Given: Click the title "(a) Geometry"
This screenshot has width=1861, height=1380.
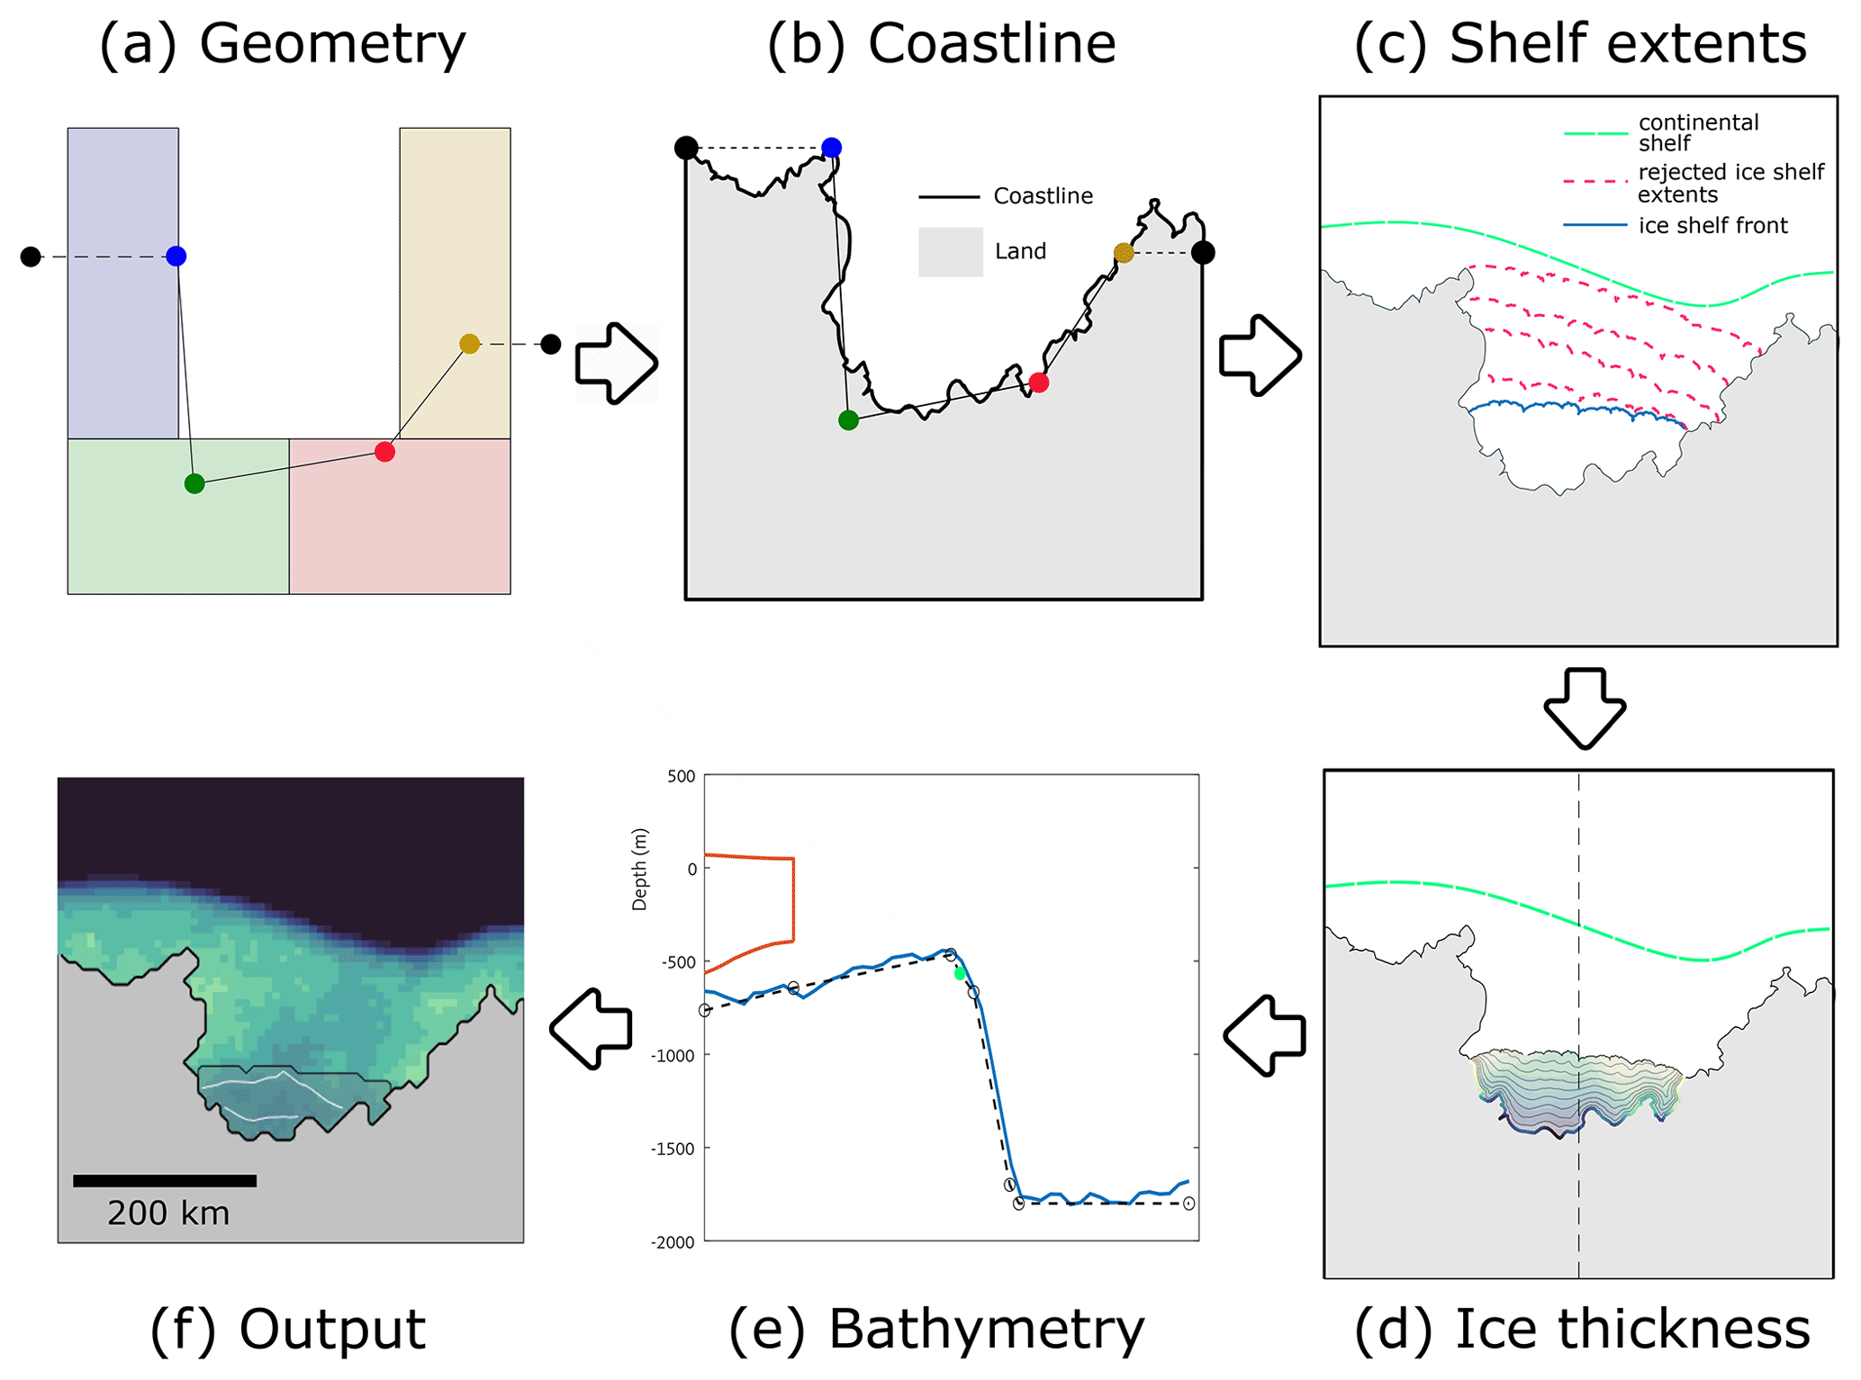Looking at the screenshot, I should (x=282, y=43).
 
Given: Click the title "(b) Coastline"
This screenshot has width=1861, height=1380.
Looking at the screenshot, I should (x=941, y=43).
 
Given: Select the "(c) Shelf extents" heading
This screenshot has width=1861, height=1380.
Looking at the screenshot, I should (x=1580, y=43).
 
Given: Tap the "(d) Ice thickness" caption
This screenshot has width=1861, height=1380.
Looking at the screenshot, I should (x=1582, y=1329).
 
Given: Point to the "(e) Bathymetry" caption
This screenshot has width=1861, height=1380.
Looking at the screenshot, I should (x=936, y=1329).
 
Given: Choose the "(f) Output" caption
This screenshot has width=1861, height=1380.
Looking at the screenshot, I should (x=287, y=1329).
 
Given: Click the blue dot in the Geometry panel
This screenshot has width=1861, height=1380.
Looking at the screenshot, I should (x=176, y=257).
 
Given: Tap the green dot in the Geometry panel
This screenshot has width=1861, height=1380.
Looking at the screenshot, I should (x=194, y=484).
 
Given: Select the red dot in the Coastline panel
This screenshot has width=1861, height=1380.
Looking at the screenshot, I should (x=1039, y=383).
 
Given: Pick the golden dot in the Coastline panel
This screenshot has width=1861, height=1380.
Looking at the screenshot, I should (x=1124, y=253).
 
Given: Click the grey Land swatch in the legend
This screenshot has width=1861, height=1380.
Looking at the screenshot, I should (x=950, y=252).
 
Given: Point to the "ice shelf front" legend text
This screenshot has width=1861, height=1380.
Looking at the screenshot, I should (x=1712, y=226).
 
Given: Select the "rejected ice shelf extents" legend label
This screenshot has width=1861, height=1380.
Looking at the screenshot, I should (x=1730, y=183).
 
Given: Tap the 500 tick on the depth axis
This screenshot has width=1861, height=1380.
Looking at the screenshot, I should (x=681, y=777).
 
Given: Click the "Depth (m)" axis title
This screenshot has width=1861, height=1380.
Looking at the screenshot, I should (x=640, y=870).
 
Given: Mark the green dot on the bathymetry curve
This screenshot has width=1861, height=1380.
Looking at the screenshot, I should (x=960, y=973).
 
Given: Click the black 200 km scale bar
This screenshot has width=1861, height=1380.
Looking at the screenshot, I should (x=165, y=1181).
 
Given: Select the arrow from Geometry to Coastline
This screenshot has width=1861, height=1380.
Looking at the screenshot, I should (x=617, y=363).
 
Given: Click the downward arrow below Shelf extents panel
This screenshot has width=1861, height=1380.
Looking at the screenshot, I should (x=1585, y=708).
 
